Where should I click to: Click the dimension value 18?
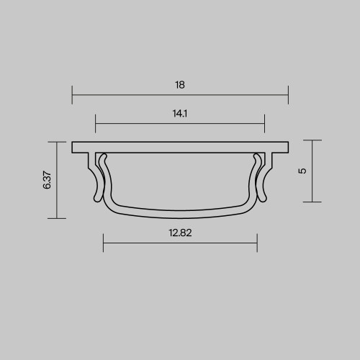(180, 85)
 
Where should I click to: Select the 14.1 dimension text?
(180, 113)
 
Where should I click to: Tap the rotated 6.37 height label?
(48, 179)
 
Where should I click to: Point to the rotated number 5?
(302, 171)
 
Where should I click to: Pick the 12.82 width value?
(180, 233)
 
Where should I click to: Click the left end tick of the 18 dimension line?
(72, 94)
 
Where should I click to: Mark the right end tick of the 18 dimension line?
(288, 94)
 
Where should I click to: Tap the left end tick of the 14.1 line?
(95, 122)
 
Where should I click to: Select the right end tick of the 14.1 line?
(265, 122)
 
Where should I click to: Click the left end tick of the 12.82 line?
(104, 243)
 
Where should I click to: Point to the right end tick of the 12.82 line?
(257, 243)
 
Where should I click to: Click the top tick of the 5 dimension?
(312, 140)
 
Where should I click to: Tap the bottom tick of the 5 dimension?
(312, 202)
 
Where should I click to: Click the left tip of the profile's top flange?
(73, 146)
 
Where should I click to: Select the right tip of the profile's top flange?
(287, 146)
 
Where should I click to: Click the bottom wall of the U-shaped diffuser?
(180, 212)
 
